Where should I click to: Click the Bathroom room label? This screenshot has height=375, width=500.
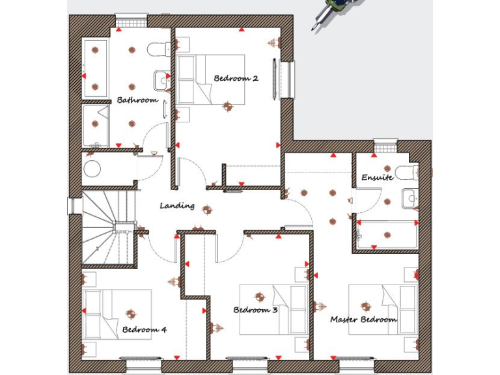click(x=137, y=100)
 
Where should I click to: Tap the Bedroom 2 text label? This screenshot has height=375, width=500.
click(x=236, y=79)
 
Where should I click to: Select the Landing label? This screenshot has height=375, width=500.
click(x=177, y=206)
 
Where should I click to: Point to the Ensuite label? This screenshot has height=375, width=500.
click(x=377, y=177)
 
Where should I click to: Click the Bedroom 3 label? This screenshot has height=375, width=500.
click(x=256, y=310)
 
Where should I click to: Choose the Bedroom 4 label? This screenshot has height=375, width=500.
click(x=145, y=329)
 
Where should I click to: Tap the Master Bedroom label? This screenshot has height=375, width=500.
click(x=363, y=320)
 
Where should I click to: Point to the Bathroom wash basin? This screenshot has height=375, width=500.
click(x=160, y=80)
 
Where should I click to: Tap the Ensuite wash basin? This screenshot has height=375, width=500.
click(x=409, y=198)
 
